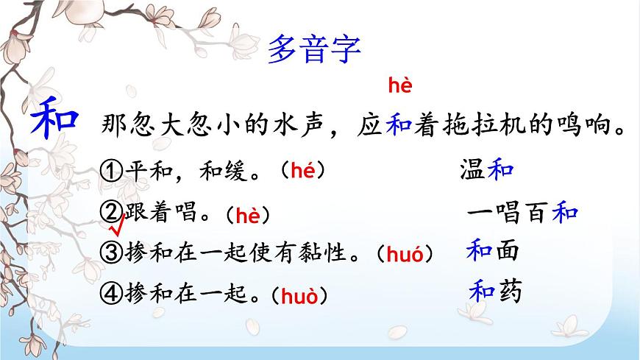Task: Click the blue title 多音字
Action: click(314, 51)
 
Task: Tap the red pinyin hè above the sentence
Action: click(399, 87)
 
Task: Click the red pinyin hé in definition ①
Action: click(302, 171)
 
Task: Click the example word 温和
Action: click(486, 170)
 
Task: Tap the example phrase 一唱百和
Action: click(523, 213)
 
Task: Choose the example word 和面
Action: click(493, 251)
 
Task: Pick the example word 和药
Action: click(495, 292)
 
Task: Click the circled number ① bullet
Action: click(109, 172)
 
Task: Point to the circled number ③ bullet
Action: click(109, 253)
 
